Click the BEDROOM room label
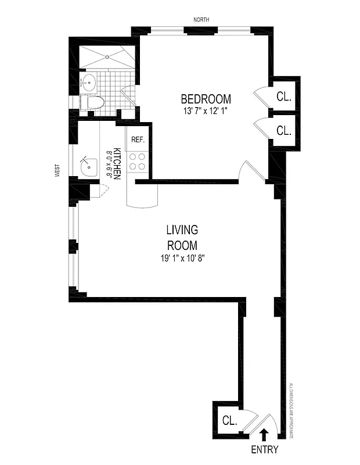click(206, 99)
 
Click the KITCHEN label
click(117, 163)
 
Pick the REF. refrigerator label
click(138, 139)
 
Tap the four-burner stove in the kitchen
click(138, 162)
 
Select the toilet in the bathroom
click(93, 103)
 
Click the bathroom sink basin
click(89, 81)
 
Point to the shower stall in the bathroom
click(109, 58)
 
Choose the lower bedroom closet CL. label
click(284, 131)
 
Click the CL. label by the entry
click(229, 420)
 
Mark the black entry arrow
click(264, 434)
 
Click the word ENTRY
click(264, 449)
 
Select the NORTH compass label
click(202, 20)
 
